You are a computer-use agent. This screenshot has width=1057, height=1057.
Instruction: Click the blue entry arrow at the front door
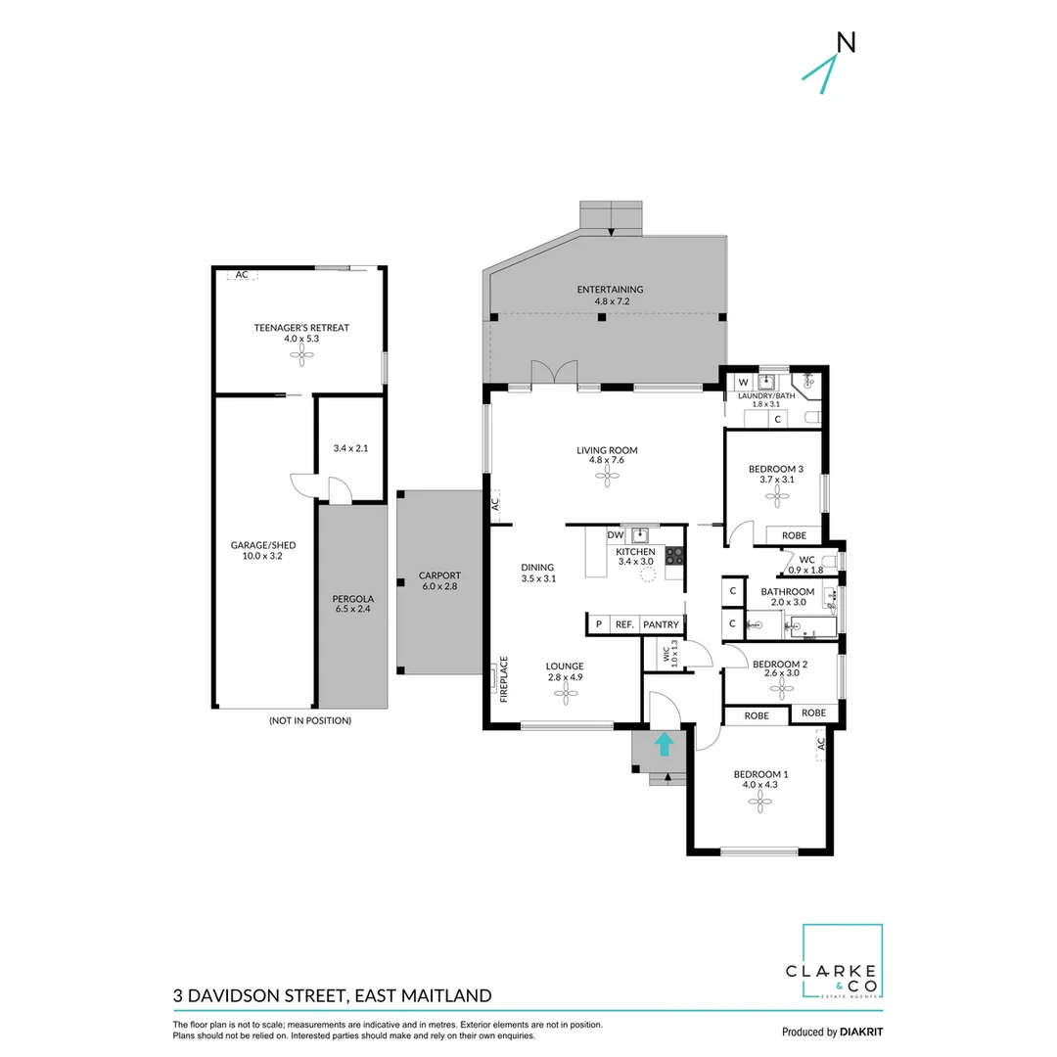[x=664, y=745]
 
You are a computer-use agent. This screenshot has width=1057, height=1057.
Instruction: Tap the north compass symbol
[x=831, y=64]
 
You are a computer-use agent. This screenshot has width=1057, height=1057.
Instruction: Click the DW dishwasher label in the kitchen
[x=616, y=535]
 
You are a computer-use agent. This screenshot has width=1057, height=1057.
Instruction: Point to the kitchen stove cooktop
[x=674, y=555]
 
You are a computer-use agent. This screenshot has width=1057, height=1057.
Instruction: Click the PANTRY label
[x=661, y=624]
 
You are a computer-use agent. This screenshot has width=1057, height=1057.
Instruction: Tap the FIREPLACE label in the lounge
[x=505, y=679]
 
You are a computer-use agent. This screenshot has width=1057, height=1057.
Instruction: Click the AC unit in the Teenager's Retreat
[x=242, y=275]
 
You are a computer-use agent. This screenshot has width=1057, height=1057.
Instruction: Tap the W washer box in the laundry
[x=743, y=382]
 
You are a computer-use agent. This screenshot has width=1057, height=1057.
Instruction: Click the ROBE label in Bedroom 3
[x=794, y=535]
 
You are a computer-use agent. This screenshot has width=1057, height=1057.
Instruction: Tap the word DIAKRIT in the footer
[x=862, y=1032]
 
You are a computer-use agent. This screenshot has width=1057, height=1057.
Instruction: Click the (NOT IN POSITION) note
[x=309, y=720]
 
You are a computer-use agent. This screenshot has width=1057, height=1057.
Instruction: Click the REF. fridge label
[x=624, y=624]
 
